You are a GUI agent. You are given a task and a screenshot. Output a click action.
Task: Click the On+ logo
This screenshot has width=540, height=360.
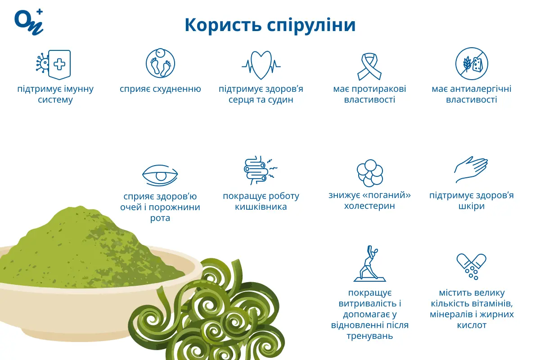(28, 21)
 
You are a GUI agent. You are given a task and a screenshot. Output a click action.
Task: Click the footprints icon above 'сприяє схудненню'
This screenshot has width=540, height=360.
(160, 63)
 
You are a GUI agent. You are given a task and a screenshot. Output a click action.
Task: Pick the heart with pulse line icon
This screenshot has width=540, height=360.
(261, 64)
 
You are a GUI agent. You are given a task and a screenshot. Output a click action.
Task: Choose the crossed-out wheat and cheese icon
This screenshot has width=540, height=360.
(472, 63)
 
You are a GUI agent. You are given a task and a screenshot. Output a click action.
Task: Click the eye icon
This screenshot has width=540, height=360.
(160, 175)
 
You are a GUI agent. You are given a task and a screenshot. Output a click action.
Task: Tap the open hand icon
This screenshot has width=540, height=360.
(471, 170)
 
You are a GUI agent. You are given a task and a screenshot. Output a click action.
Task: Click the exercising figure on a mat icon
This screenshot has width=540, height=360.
(369, 264)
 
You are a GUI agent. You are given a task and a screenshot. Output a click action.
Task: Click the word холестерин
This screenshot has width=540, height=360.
(369, 206)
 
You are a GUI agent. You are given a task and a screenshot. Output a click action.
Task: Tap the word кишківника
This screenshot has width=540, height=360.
(261, 207)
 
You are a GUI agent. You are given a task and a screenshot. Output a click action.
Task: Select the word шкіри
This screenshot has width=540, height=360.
(472, 206)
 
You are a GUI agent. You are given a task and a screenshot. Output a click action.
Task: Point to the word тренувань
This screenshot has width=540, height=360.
(369, 336)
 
